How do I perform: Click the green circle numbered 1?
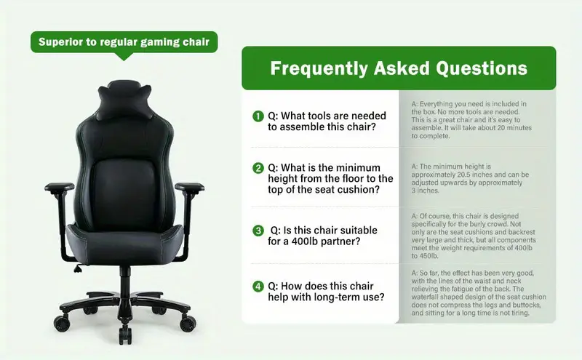coord(257,116)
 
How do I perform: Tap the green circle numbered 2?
coord(257,168)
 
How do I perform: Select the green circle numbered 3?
coord(257,231)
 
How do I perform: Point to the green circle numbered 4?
coord(257,286)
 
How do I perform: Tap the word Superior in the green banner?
coord(61,42)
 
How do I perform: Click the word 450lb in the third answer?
coord(424,256)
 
